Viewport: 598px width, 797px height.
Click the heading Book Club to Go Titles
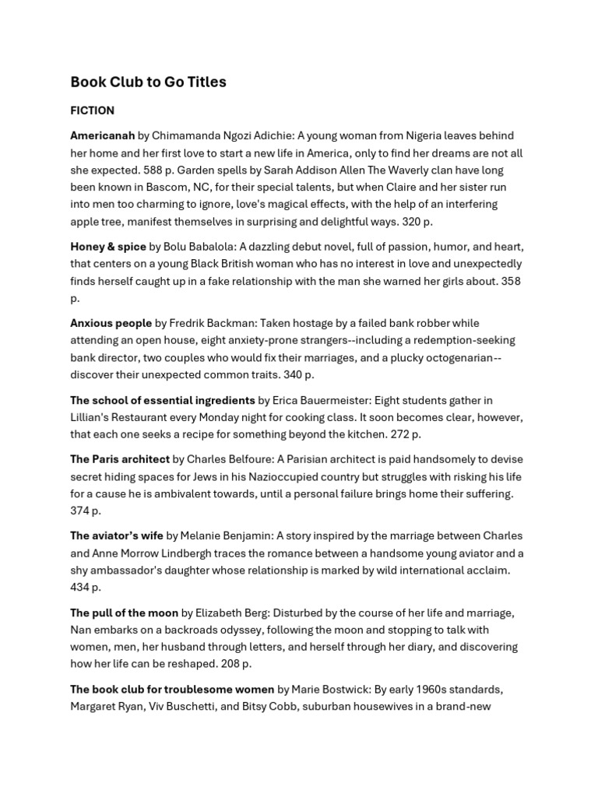click(x=148, y=82)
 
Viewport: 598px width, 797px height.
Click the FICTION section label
click(x=92, y=111)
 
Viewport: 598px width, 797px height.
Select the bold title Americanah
click(x=102, y=135)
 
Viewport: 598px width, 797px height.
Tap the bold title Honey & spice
click(x=108, y=247)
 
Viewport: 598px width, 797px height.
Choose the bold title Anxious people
click(x=111, y=323)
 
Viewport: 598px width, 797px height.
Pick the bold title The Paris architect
click(x=119, y=459)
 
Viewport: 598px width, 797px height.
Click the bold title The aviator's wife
click(x=117, y=535)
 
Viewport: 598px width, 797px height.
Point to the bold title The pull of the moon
click(x=124, y=613)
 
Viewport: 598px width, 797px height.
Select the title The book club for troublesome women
click(x=172, y=689)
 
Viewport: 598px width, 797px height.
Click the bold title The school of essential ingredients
click(x=163, y=400)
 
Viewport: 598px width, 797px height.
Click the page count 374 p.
click(x=86, y=511)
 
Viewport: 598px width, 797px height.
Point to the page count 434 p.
click(x=86, y=587)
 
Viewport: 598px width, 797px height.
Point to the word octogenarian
click(x=459, y=357)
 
